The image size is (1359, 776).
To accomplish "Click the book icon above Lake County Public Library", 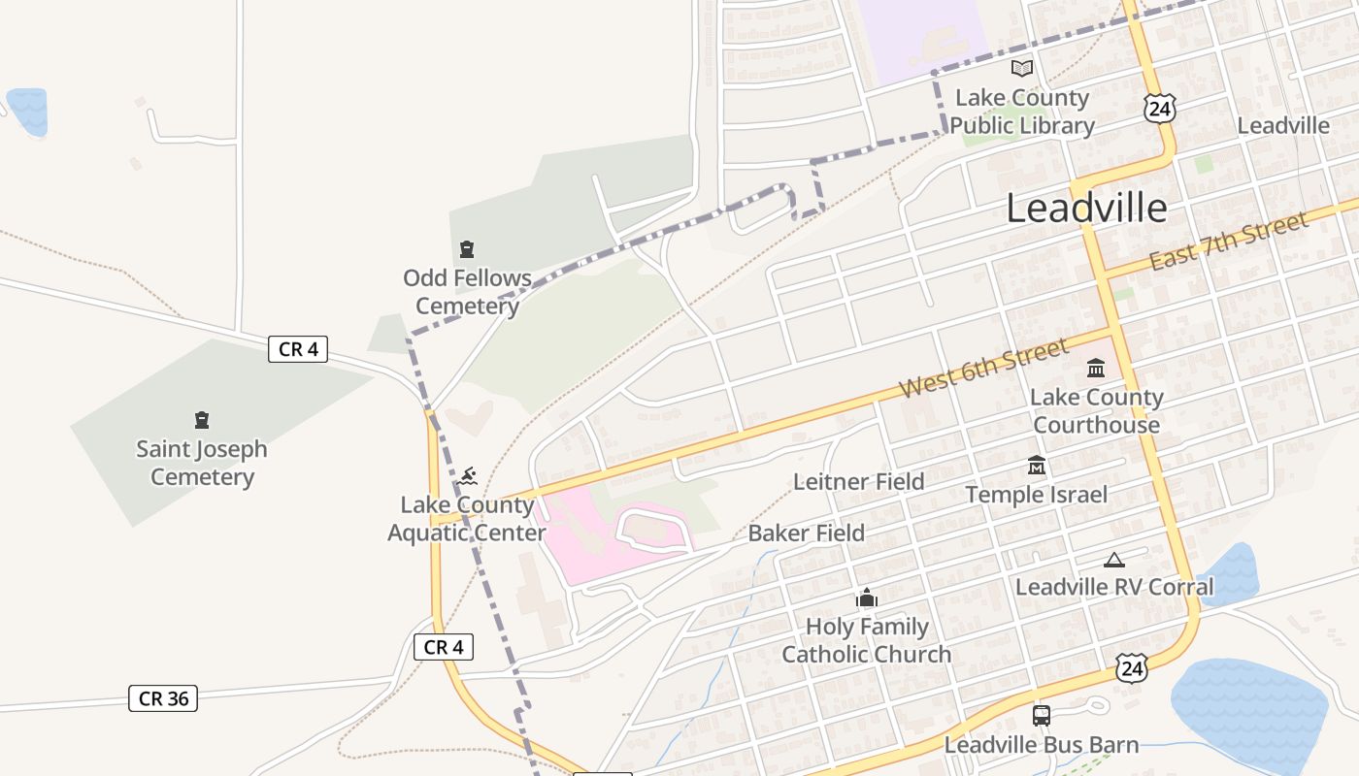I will tap(1021, 68).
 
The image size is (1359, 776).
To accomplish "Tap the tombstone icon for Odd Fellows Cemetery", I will tap(467, 249).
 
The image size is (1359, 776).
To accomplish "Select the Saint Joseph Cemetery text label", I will tap(202, 463).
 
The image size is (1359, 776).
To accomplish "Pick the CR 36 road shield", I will tap(163, 698).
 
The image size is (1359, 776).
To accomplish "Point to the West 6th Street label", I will tap(982, 368).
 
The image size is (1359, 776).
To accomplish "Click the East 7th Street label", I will tap(1229, 242).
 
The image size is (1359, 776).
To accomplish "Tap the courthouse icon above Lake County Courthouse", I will tap(1096, 368).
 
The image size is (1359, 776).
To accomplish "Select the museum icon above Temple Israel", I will tap(1036, 466).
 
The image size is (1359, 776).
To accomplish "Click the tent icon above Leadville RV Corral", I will tap(1114, 559).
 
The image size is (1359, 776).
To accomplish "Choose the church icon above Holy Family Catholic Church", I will tap(867, 598).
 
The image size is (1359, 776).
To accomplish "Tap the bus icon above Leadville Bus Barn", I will tap(1042, 716).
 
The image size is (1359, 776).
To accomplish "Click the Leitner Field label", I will tap(858, 481).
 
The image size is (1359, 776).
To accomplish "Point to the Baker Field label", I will tap(806, 533).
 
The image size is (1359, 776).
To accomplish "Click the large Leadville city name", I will tap(1086, 209).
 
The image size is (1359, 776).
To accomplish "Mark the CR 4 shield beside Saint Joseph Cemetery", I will tap(298, 349).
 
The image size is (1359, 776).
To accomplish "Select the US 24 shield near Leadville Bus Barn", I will tap(1131, 667).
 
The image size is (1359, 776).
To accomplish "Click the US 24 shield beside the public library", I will tap(1159, 109).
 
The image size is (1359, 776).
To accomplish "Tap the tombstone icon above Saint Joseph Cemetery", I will tap(202, 420).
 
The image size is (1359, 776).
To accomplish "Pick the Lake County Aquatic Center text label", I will tap(467, 519).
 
